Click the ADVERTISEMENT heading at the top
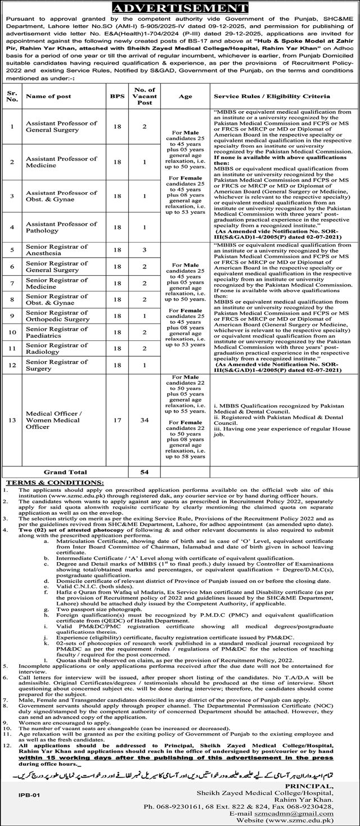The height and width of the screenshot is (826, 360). (180, 8)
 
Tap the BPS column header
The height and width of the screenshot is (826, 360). (112, 97)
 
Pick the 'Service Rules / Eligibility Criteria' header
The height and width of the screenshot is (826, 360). (272, 97)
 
